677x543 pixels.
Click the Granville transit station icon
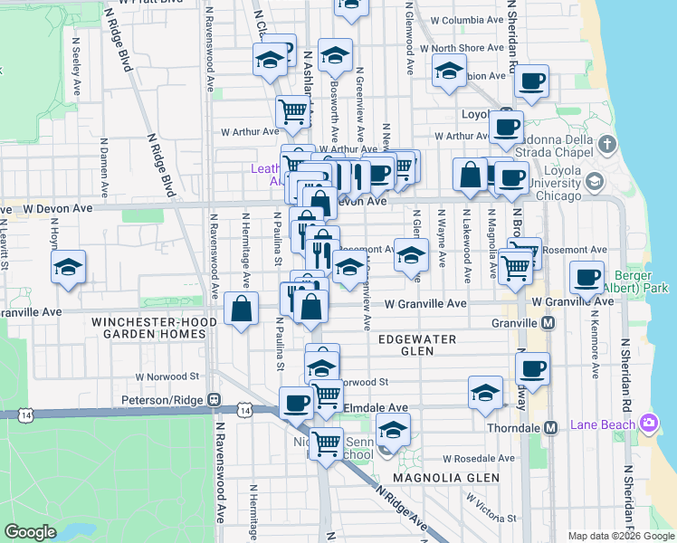pos(549,323)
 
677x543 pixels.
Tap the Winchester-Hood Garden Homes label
pos(154,327)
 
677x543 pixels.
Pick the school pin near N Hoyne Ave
pos(69,267)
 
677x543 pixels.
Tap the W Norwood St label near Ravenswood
pos(167,376)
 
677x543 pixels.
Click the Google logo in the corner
pos(30,532)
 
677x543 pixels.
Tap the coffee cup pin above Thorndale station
pos(532,367)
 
